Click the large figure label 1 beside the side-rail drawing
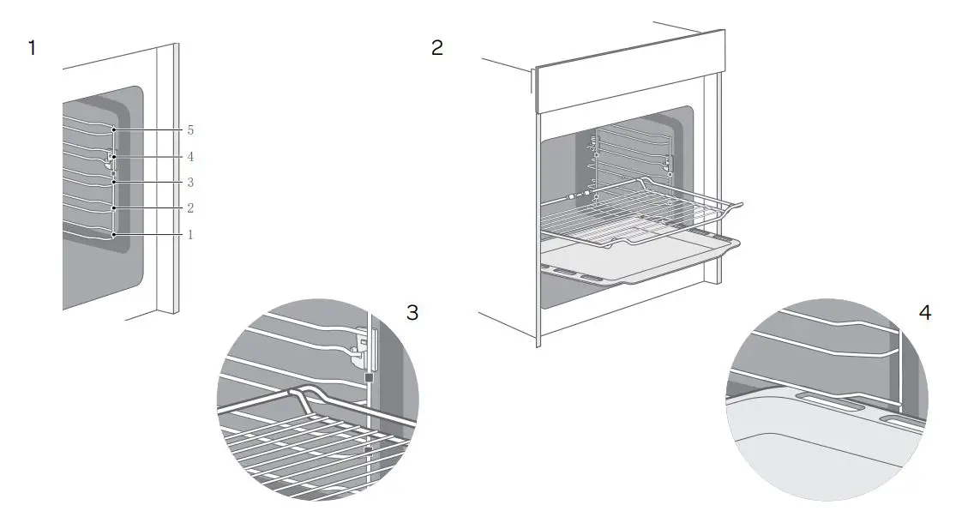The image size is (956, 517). [x=32, y=48]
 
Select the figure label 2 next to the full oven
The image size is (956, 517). [x=437, y=48]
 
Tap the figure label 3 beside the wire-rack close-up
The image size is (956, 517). [x=412, y=313]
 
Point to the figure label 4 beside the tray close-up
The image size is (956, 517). [x=924, y=313]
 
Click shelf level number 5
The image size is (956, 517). [x=190, y=130]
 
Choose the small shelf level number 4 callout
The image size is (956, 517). [x=190, y=157]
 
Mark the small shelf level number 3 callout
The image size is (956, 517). [x=190, y=183]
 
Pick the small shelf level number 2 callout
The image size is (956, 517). [x=190, y=208]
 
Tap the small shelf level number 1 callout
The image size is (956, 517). [x=190, y=234]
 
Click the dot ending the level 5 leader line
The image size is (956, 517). [x=114, y=130]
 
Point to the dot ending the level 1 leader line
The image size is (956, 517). [x=114, y=234]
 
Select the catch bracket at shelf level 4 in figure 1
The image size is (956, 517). [x=108, y=158]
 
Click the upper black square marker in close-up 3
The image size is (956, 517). [x=369, y=376]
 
